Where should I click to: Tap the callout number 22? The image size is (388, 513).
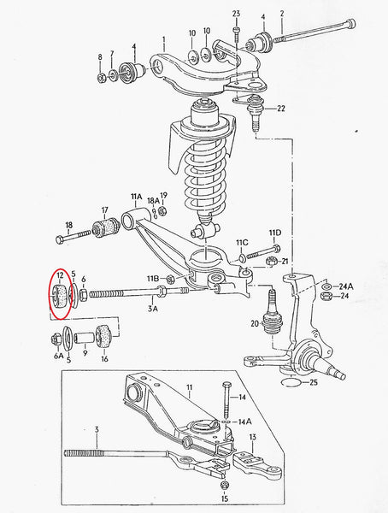tap(281, 108)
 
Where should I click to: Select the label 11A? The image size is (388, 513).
tap(137, 197)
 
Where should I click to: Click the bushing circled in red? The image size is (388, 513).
tap(60, 297)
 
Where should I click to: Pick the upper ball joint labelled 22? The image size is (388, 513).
tap(254, 113)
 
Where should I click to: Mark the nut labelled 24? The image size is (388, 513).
tap(325, 297)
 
